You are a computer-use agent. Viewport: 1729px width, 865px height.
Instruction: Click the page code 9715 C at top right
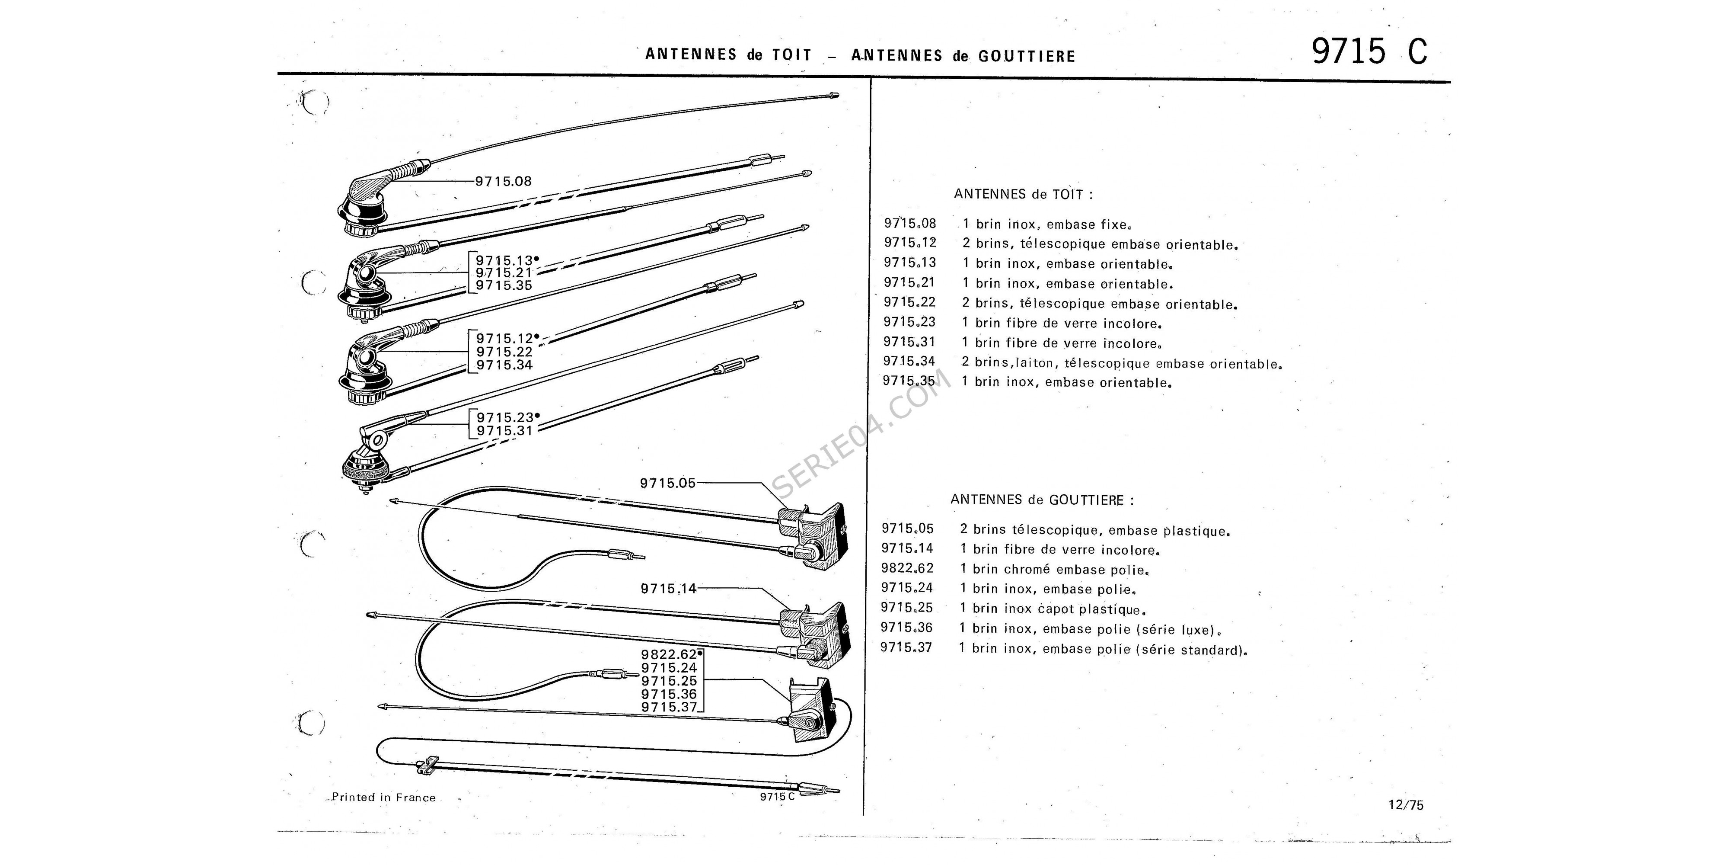(1369, 51)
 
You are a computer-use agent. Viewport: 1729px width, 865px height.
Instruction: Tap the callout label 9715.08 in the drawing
(504, 181)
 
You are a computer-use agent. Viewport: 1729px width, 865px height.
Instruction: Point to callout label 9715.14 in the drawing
(669, 589)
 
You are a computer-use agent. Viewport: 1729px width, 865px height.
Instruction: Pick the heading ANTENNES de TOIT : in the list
(1023, 194)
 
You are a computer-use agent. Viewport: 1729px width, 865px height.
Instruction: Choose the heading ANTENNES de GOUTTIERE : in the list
(1042, 500)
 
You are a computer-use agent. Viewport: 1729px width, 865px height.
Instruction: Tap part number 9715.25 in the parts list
(907, 608)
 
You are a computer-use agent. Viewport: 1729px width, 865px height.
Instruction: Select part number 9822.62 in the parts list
(907, 568)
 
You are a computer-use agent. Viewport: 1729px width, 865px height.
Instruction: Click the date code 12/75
(1406, 805)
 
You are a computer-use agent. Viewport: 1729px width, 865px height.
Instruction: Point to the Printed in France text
(384, 798)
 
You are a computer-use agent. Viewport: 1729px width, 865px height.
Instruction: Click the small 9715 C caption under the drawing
(777, 797)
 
